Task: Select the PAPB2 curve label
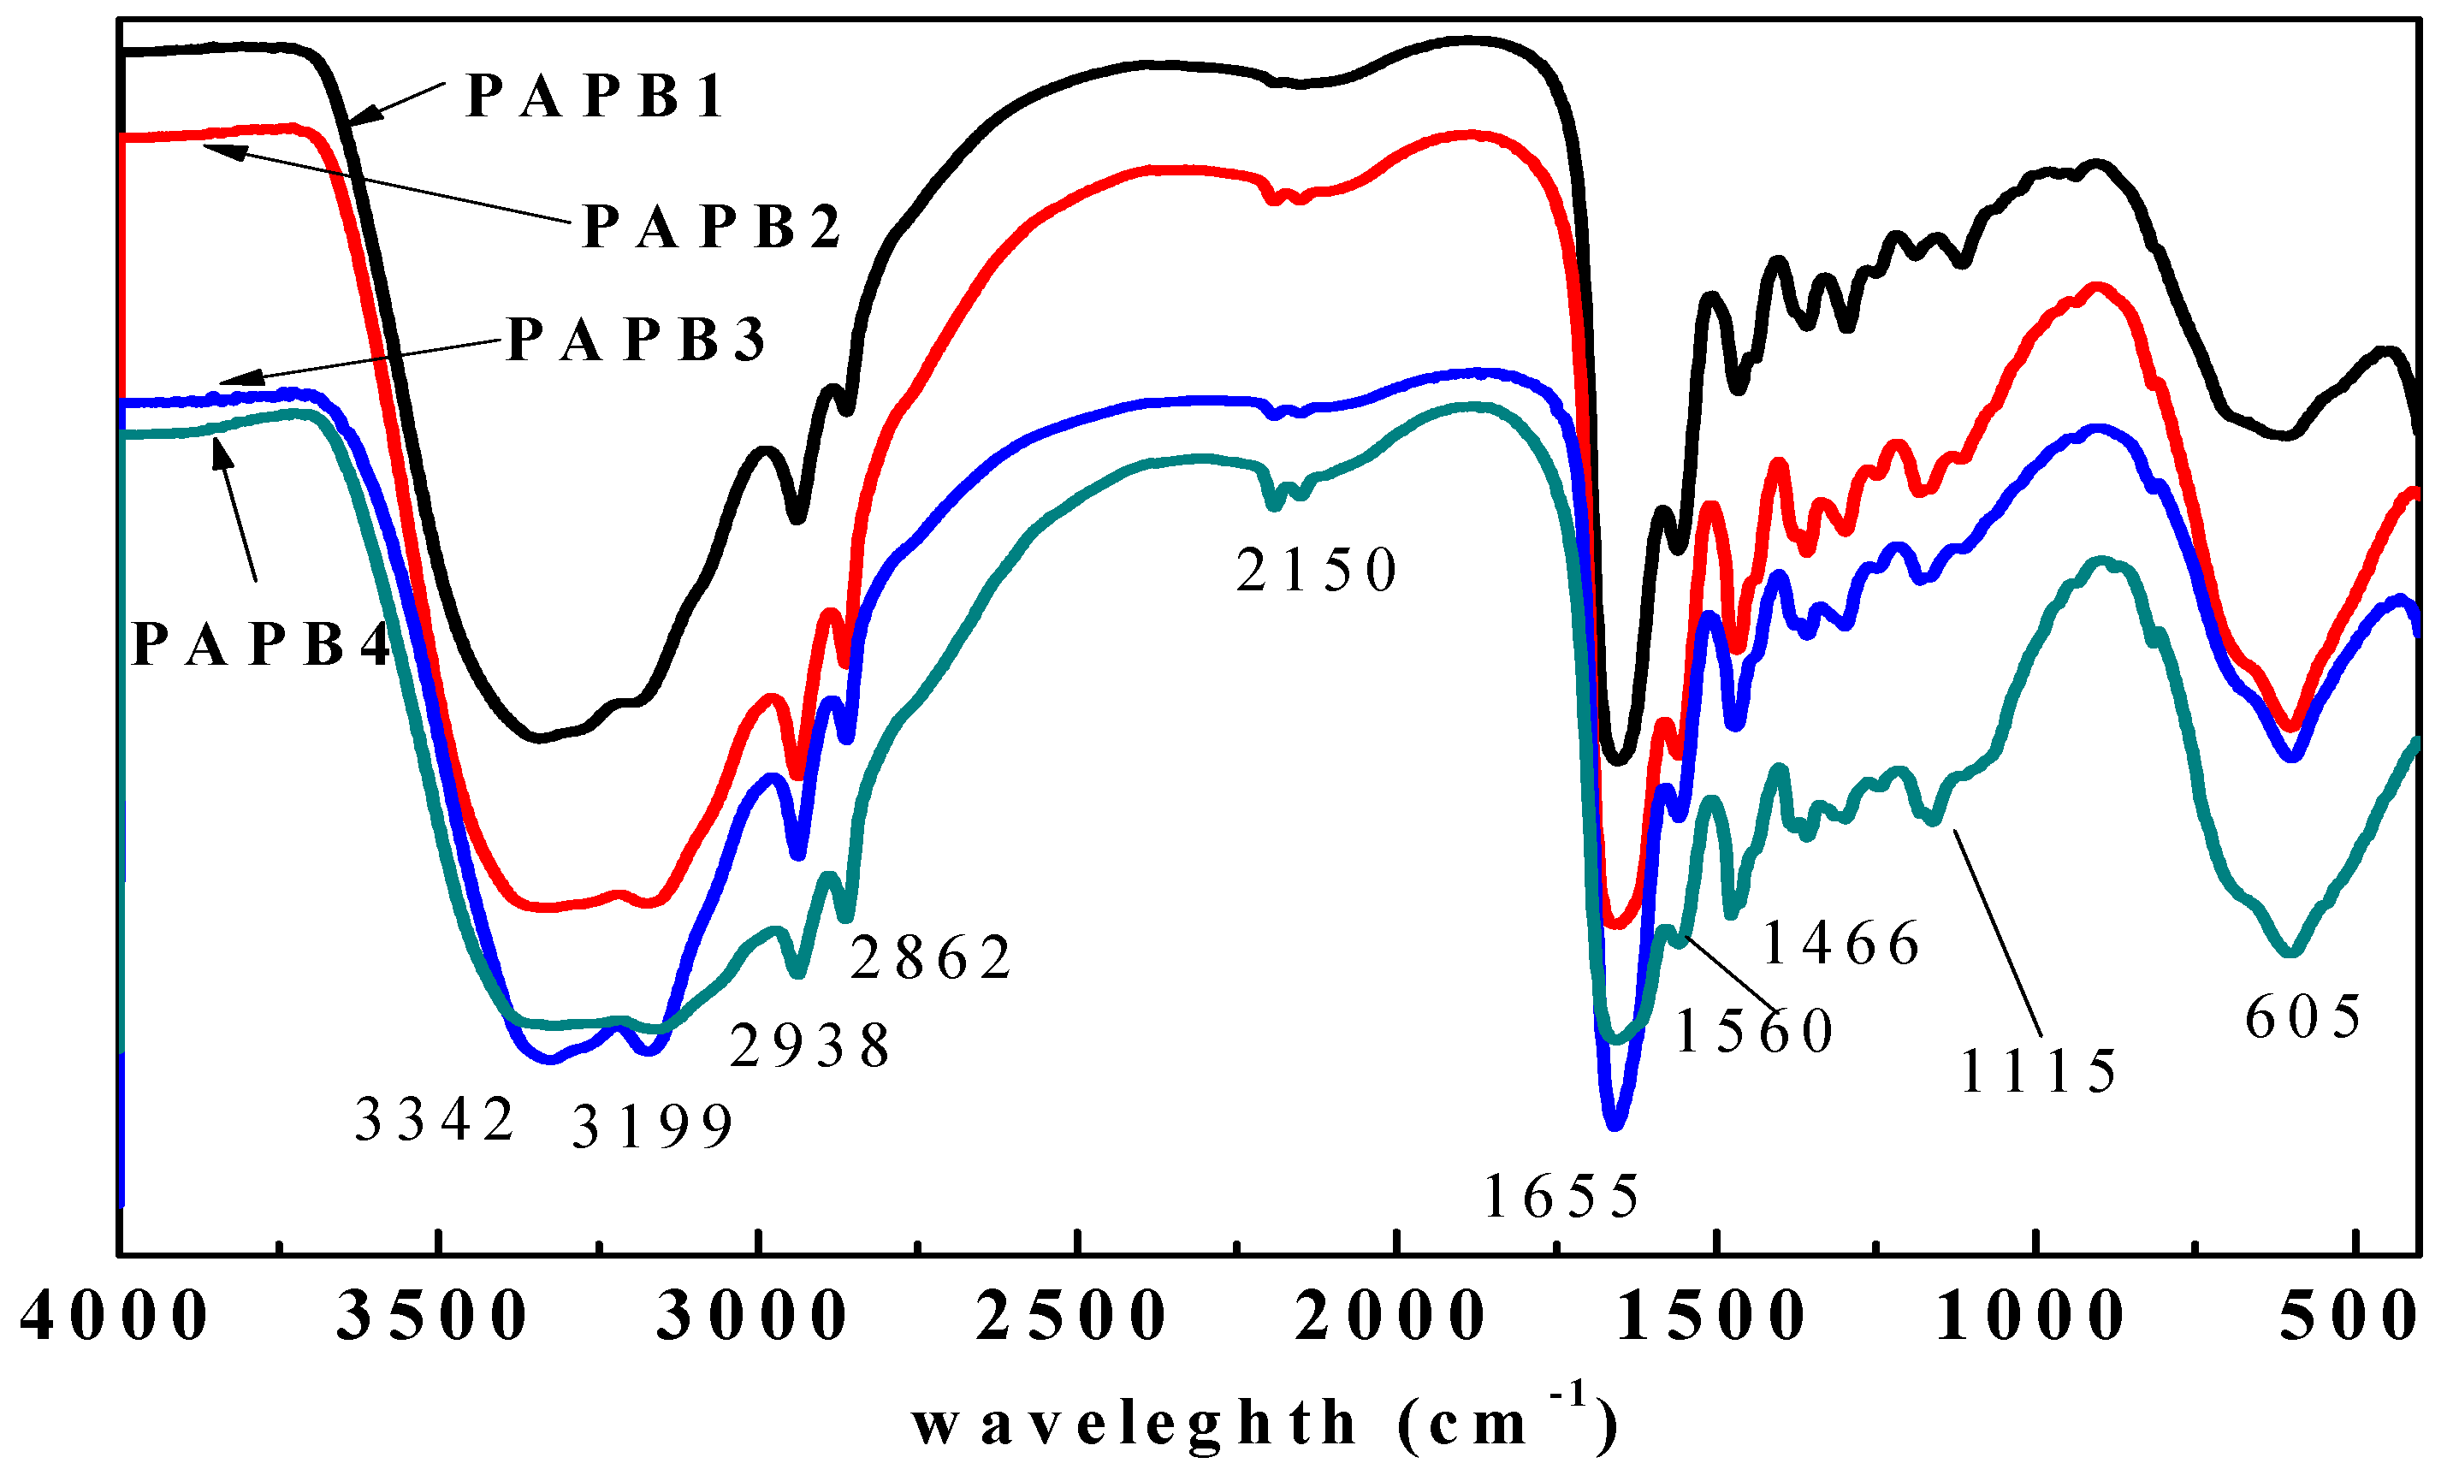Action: coord(711,228)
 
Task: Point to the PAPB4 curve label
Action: coord(260,645)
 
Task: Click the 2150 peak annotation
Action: coord(1316,572)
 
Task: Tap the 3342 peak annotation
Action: coord(435,1121)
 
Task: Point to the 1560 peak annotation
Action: coord(1753,1031)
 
